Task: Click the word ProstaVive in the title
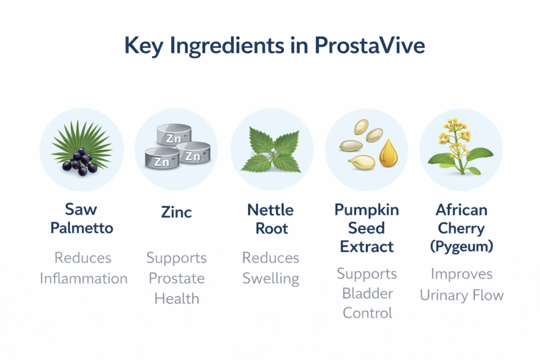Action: coord(370,45)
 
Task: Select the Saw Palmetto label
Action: coord(82,219)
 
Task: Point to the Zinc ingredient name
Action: coord(176,212)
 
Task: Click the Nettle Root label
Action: coord(271,219)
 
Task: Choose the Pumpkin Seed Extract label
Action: coord(367,228)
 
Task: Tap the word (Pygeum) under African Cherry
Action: coord(461,247)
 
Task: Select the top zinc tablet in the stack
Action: coord(174,134)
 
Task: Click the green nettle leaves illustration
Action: coord(271,150)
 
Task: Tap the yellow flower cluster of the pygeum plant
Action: coord(454,137)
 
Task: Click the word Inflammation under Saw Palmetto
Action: coord(84,278)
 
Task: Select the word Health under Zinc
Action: coord(177,299)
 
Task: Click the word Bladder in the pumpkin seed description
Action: coord(368,294)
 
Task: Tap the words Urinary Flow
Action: coord(462,295)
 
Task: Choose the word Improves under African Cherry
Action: coord(461,275)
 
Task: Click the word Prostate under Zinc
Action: coord(177,278)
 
